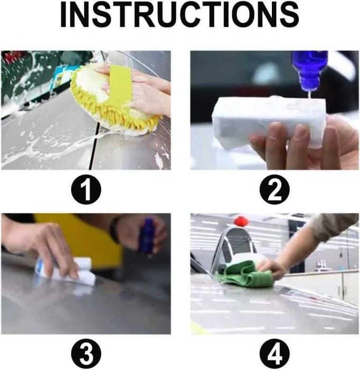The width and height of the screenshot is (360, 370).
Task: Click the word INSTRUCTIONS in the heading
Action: (179, 15)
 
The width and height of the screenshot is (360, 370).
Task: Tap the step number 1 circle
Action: (86, 190)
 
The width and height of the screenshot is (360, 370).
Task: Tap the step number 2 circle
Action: (274, 190)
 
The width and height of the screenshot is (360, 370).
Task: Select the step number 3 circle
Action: (86, 353)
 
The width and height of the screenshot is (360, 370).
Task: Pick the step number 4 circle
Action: (274, 353)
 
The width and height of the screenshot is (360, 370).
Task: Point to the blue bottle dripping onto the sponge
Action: (309, 70)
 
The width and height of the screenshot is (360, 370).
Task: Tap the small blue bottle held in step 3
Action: (147, 236)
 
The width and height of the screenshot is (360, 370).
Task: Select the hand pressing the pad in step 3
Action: (47, 248)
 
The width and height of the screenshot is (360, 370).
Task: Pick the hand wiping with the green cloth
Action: (271, 269)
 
